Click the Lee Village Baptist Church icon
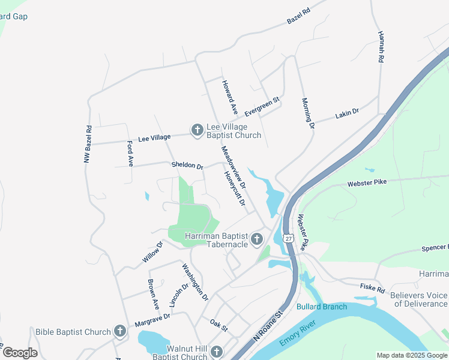coord(197,130)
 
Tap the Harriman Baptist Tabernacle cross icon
coord(257,240)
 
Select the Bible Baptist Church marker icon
coord(119,331)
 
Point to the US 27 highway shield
coord(289,238)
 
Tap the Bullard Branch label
coord(322,307)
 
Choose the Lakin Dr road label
coord(347,112)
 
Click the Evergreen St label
coord(262,104)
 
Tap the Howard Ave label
coord(229,98)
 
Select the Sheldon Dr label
coord(187,165)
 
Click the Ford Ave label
coord(130,153)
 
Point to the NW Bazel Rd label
coord(88,144)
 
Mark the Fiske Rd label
coord(372,289)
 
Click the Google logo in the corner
coord(20,353)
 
